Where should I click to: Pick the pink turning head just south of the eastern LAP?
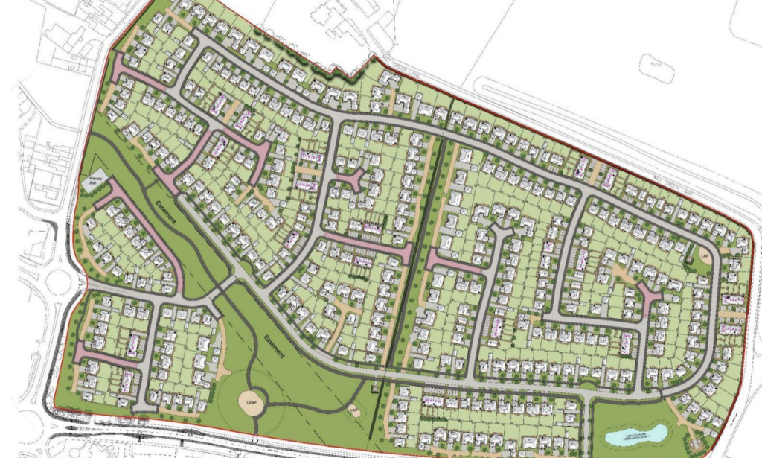click(650, 299)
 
